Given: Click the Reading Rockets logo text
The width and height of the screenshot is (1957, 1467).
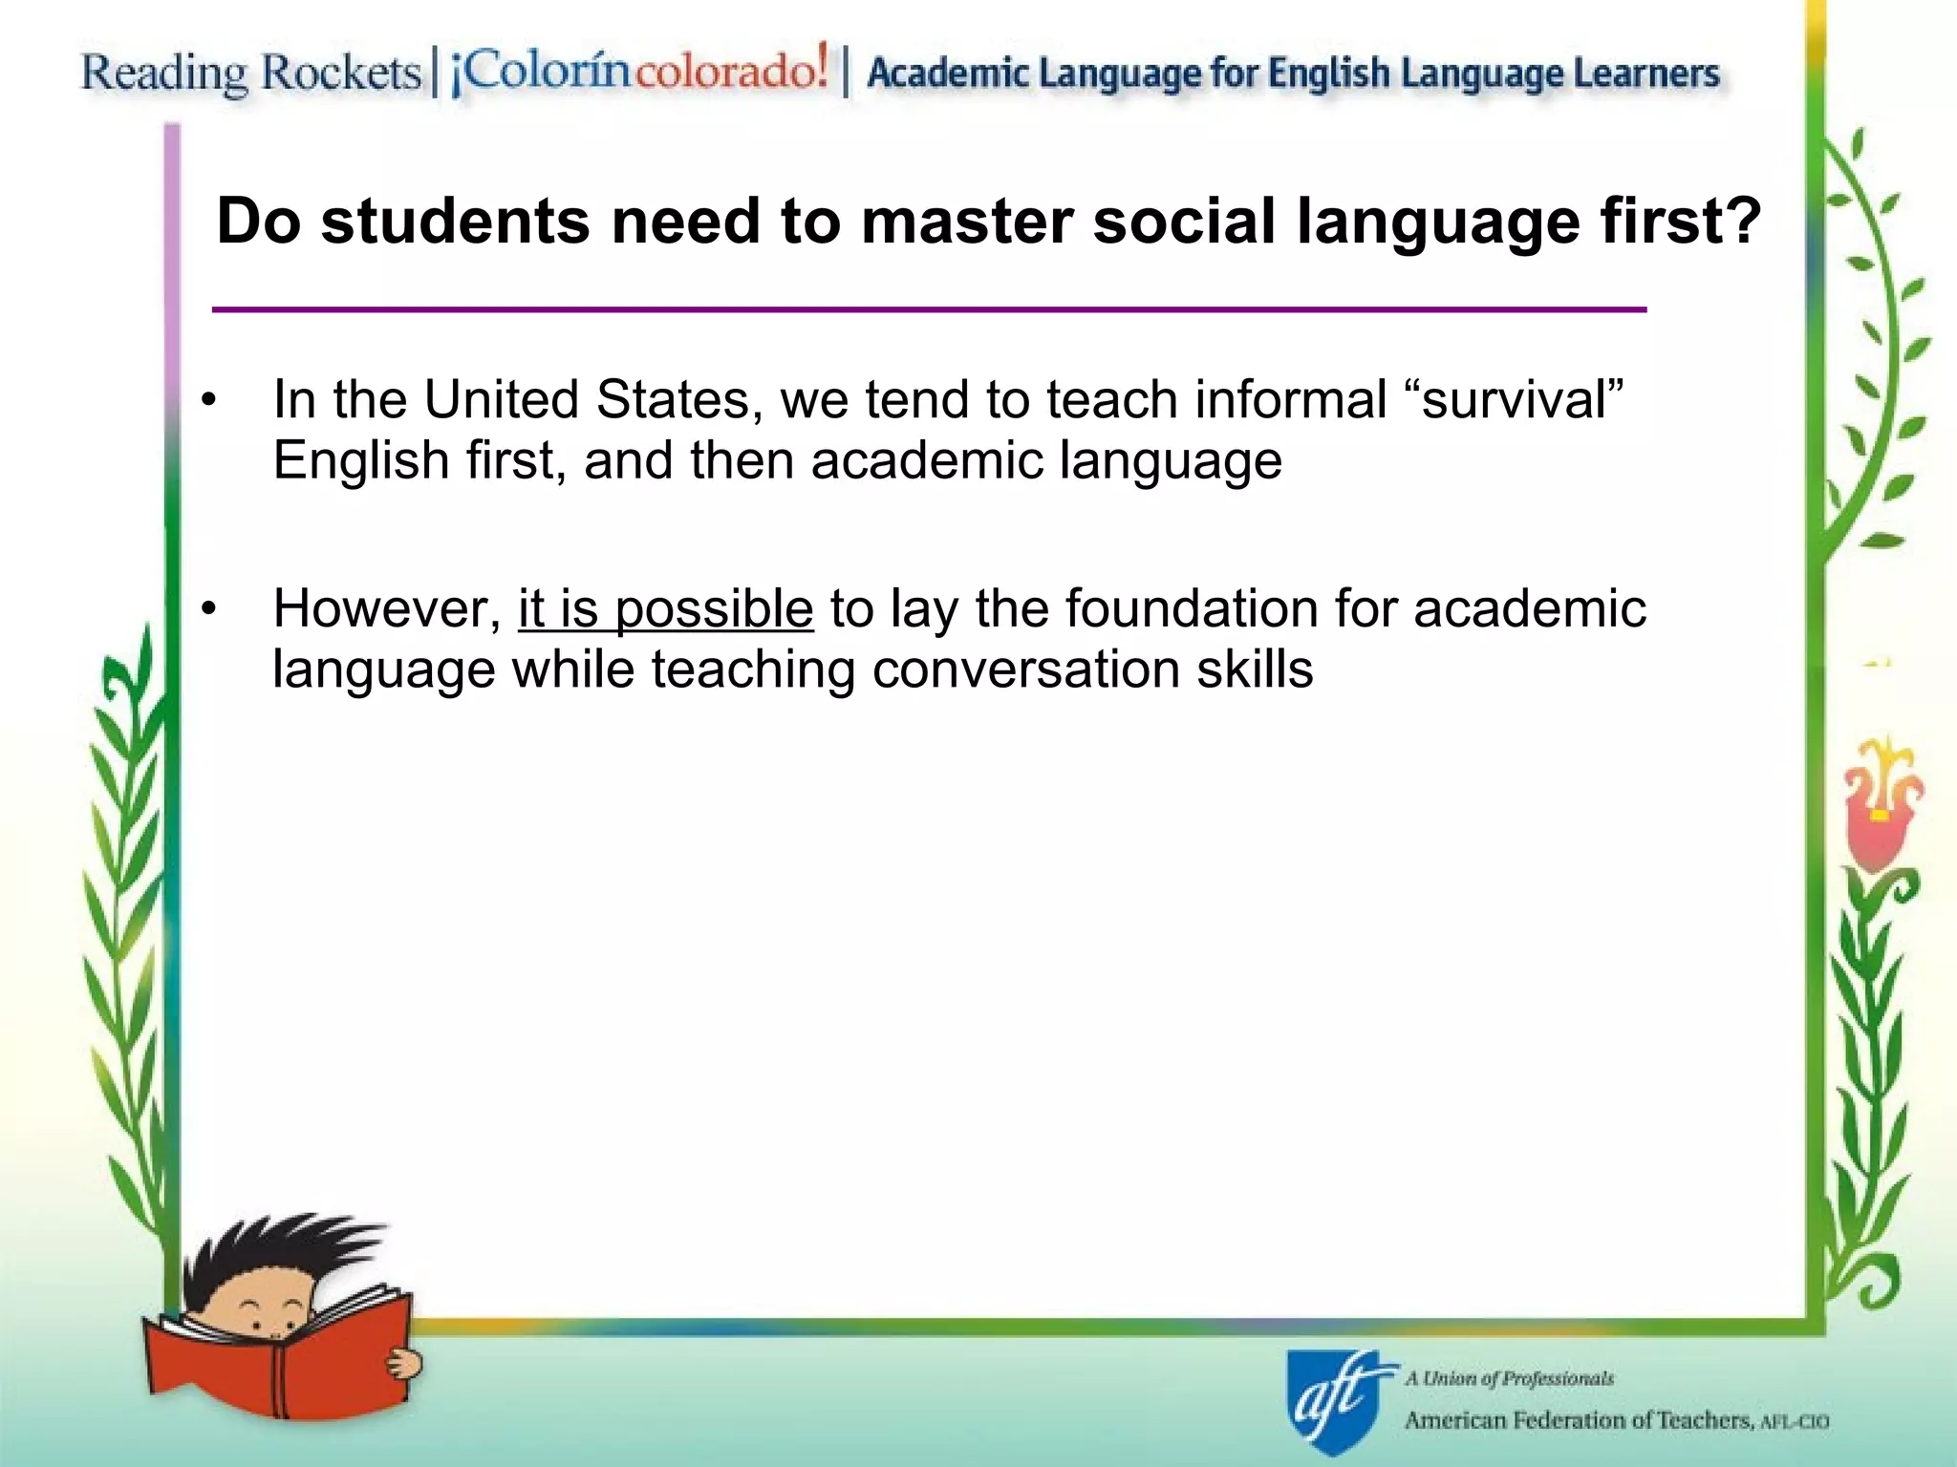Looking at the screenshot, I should (250, 73).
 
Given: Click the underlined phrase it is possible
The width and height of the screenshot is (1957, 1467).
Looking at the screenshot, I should (665, 609).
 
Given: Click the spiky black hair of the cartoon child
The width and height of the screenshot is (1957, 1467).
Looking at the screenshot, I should (277, 1251).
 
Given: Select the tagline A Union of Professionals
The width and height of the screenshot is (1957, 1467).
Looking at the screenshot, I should (1510, 1378).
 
